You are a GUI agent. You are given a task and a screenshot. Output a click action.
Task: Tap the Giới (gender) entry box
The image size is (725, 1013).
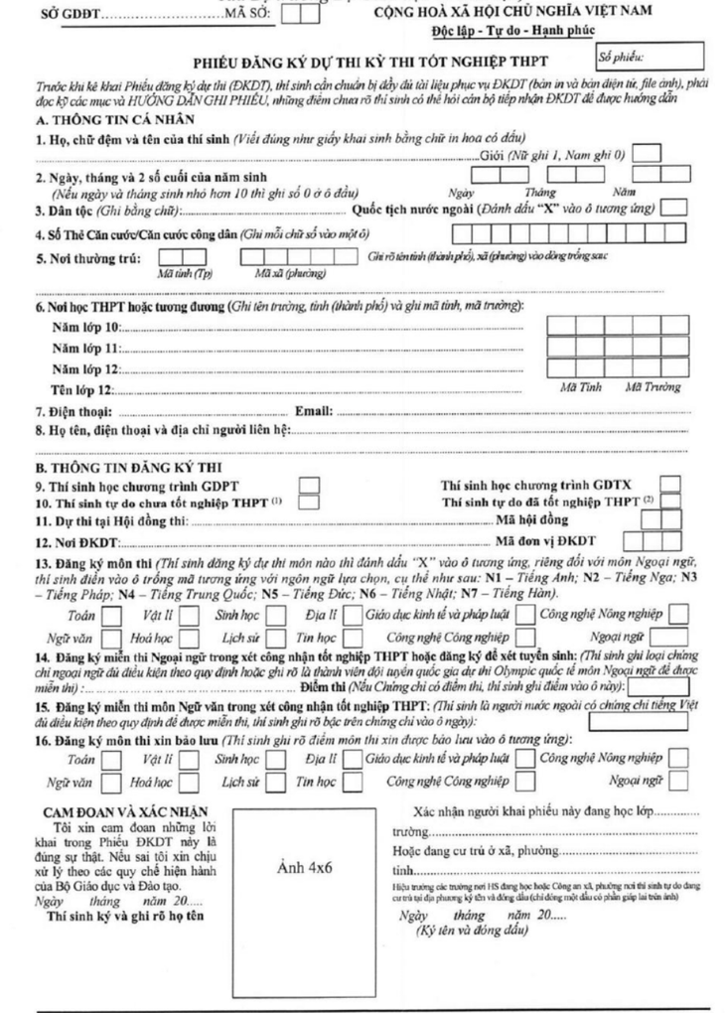(647, 154)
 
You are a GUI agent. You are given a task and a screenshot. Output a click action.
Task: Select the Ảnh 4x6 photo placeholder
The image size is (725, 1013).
(306, 867)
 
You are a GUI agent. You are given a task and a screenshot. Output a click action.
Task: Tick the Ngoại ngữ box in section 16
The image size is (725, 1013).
(678, 779)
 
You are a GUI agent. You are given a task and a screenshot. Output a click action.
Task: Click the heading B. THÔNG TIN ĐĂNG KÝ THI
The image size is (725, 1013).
(115, 466)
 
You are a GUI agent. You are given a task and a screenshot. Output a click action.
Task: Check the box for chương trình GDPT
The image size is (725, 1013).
(310, 485)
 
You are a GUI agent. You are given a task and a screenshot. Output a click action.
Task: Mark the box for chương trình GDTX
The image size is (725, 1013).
(671, 485)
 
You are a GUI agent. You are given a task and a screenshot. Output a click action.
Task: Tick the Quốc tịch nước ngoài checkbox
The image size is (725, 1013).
(674, 208)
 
